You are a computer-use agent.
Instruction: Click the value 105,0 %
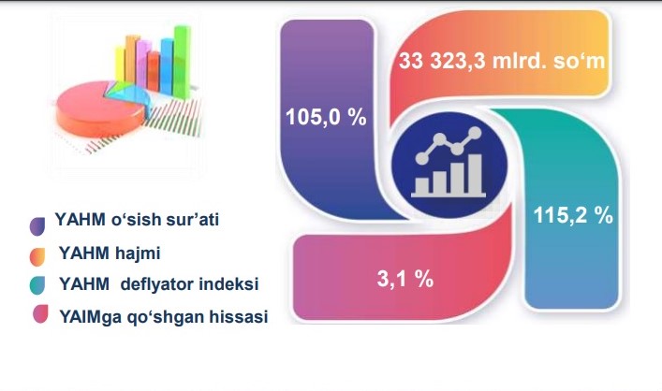click(x=326, y=117)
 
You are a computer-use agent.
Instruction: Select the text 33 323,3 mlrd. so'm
click(x=502, y=61)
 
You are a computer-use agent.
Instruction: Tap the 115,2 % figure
click(x=573, y=215)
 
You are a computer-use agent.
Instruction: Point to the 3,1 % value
click(x=405, y=279)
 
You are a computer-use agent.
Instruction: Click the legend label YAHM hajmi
click(x=110, y=253)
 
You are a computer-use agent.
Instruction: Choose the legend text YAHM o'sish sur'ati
click(x=137, y=219)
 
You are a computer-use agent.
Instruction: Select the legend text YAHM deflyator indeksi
click(x=159, y=283)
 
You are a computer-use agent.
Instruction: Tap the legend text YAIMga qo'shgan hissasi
click(x=164, y=316)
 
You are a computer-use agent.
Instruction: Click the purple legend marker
click(x=37, y=226)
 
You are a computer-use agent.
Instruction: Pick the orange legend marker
click(x=37, y=257)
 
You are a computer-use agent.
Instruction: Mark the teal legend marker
click(x=37, y=285)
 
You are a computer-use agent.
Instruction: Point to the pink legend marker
click(x=40, y=313)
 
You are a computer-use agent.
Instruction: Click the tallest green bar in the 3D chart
click(x=182, y=62)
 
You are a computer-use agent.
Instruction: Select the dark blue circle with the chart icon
click(x=449, y=165)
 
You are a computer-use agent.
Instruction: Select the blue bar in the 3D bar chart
click(x=167, y=66)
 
